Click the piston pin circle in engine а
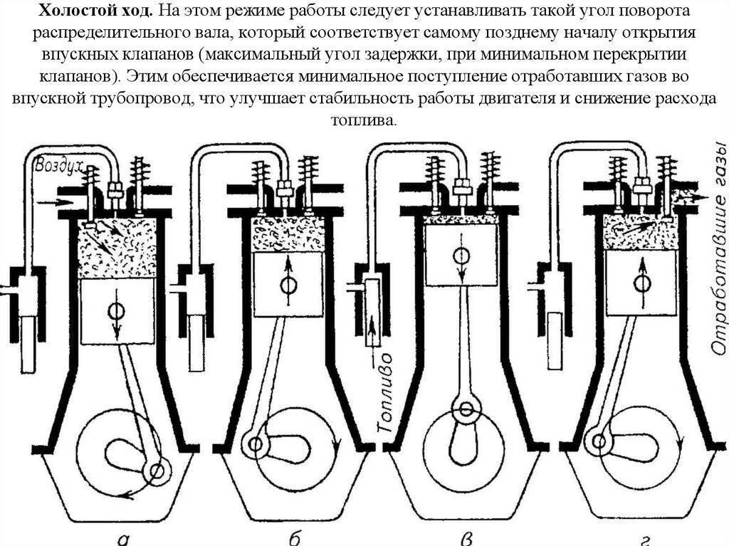click(115, 311)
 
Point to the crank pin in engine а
click(156, 470)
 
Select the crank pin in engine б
click(253, 443)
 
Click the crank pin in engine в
click(466, 409)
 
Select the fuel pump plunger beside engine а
click(28, 342)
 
